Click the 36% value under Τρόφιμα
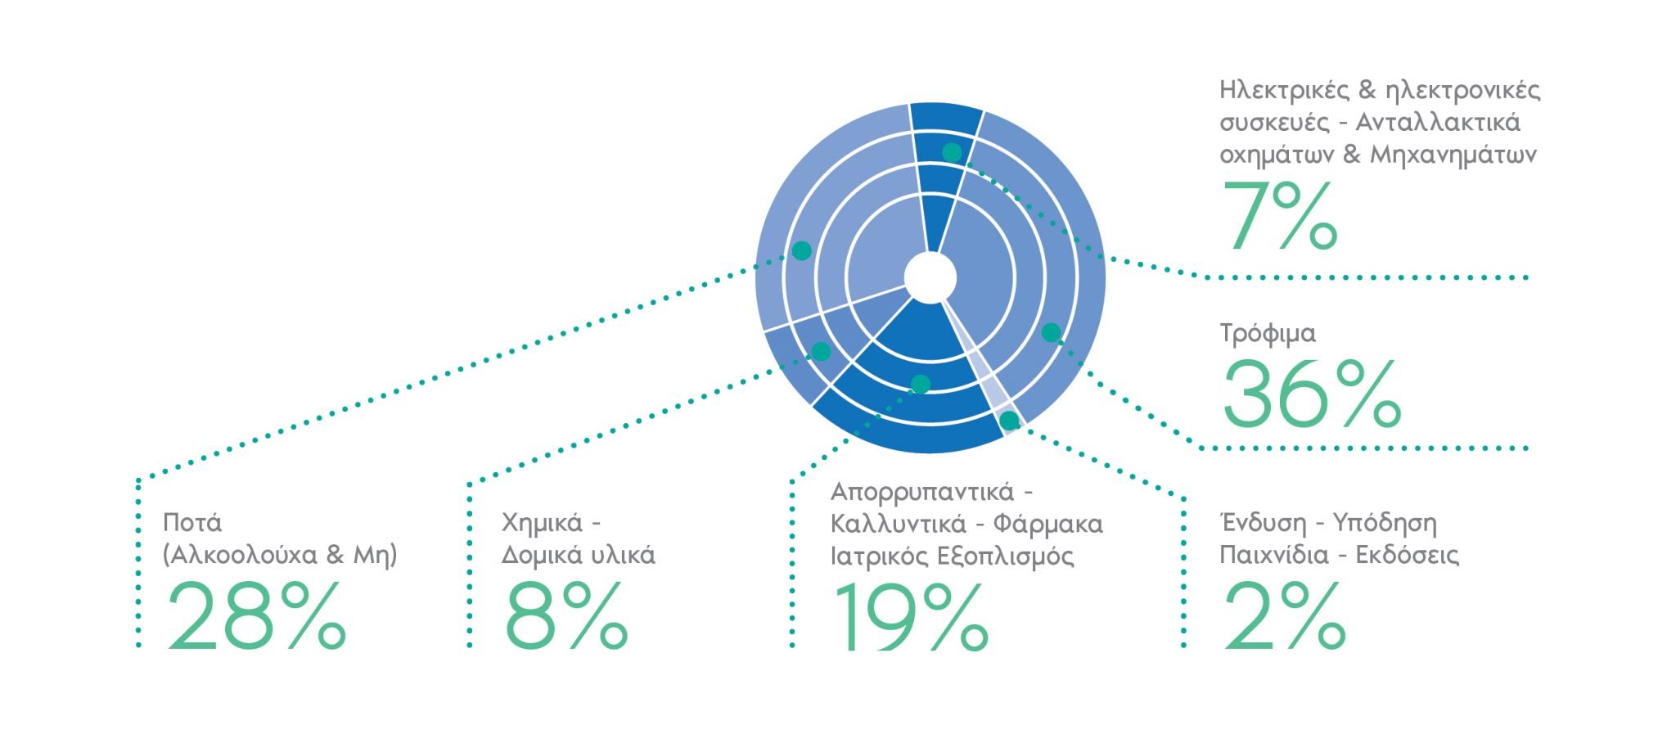1312,394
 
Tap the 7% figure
1280,216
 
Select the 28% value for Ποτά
257,615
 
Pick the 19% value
910,615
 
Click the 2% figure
1283,615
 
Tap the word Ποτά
192,522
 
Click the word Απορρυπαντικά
921,493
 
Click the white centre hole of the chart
930,278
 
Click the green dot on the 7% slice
952,152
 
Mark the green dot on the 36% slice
1051,333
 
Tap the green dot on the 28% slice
802,251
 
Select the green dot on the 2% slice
1009,421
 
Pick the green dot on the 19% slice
921,384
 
